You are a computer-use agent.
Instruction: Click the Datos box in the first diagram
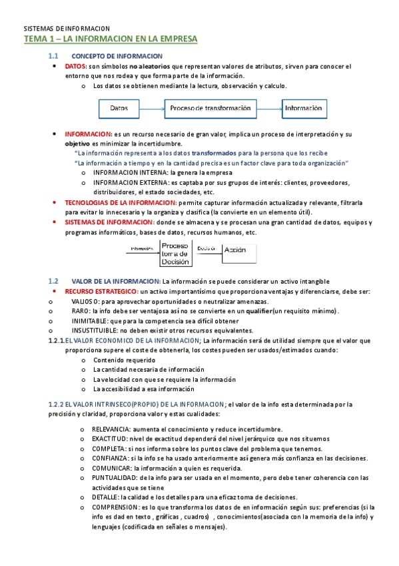pos(119,107)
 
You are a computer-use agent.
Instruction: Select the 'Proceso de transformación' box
pos(210,107)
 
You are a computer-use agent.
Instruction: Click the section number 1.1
pos(54,55)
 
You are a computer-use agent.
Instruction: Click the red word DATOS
pos(75,67)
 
